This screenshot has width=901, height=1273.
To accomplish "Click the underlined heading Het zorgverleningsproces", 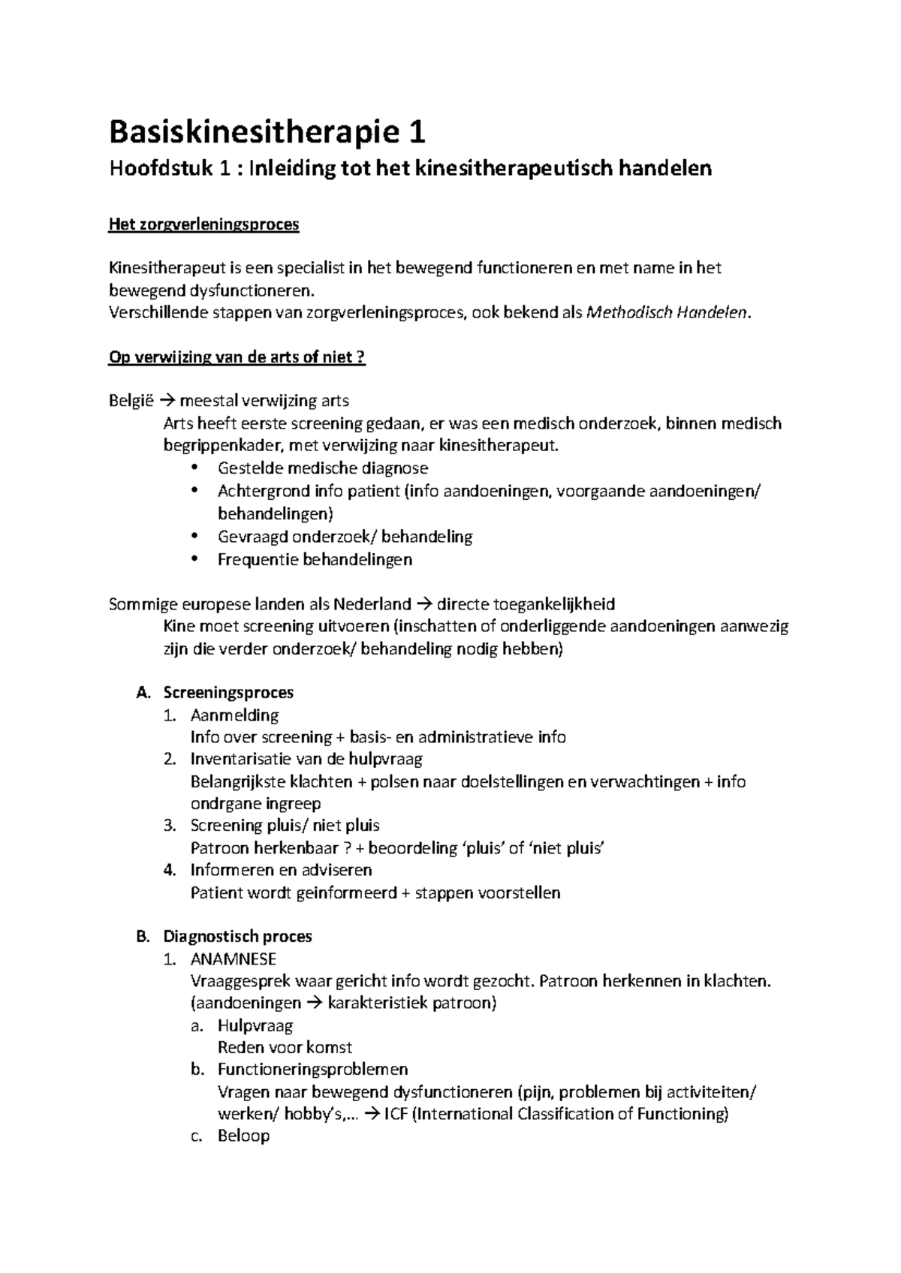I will point(204,224).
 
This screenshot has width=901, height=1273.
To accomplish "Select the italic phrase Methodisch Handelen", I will point(666,313).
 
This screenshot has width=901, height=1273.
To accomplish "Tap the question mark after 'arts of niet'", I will point(361,357).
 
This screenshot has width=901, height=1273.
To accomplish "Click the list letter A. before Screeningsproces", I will point(143,693).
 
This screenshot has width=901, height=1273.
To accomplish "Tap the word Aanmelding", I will point(234,715).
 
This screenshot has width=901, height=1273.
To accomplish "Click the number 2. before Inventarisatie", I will point(170,759).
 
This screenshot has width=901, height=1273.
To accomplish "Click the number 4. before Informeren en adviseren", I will point(170,870).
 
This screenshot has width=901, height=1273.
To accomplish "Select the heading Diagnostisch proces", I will point(237,936).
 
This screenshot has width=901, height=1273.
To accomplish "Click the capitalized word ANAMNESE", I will point(234,959).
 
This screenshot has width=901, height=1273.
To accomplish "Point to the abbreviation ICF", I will point(397,1114).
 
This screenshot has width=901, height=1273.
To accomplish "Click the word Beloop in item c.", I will point(243,1136).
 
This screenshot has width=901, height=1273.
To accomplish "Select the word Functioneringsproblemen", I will point(312,1069).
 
